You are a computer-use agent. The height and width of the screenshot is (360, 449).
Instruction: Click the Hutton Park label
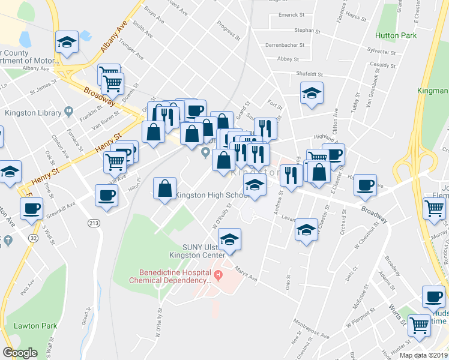point(396,36)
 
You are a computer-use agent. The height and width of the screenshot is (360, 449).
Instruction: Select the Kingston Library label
point(34,112)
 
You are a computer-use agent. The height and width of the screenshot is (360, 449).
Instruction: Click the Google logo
point(20,353)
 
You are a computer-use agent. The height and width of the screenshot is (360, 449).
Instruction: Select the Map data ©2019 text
point(424,355)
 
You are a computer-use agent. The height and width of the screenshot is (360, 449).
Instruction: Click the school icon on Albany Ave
point(66,43)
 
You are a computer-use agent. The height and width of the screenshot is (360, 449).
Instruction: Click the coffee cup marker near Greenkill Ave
point(106,196)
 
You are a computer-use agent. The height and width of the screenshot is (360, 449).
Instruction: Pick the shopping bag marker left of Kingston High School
point(164,189)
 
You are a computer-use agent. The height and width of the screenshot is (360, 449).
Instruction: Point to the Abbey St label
point(288,59)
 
